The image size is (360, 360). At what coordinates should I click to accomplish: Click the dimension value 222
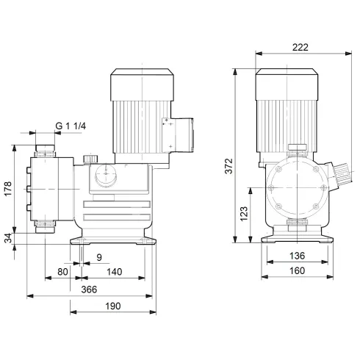tap(300, 46)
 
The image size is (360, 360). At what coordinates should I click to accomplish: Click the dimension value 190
tap(112, 306)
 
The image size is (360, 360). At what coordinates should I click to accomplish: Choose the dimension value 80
tap(63, 272)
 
